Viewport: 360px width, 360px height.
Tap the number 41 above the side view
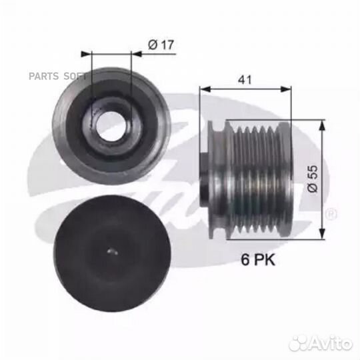(x=246, y=78)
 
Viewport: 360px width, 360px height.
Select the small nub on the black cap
(x=111, y=251)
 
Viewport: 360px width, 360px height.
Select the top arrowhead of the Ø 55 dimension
(x=324, y=124)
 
